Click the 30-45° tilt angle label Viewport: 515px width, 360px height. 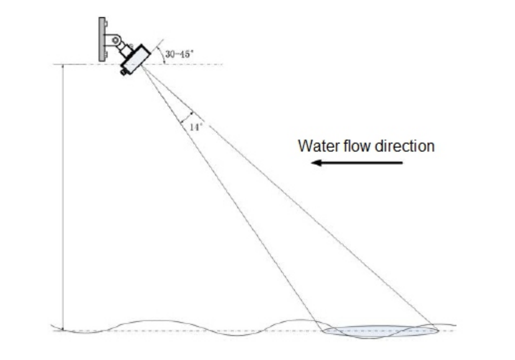(180, 54)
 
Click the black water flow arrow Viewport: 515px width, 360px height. (358, 162)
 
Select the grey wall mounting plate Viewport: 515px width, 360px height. (102, 39)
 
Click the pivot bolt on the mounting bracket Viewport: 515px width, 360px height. (115, 40)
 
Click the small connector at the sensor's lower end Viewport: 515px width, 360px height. (124, 72)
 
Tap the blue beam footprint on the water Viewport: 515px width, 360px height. (380, 331)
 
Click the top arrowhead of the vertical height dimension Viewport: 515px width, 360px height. (63, 67)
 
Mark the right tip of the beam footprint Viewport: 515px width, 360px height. (437, 330)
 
